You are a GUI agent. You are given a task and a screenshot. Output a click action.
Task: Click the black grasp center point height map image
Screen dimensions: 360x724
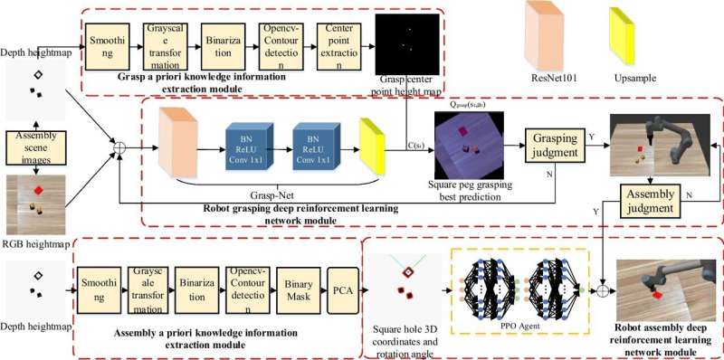click(405, 41)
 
